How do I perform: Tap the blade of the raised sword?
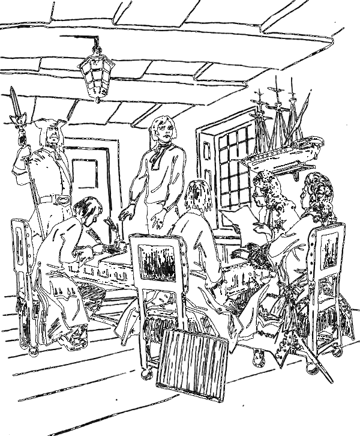(x=14, y=102)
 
